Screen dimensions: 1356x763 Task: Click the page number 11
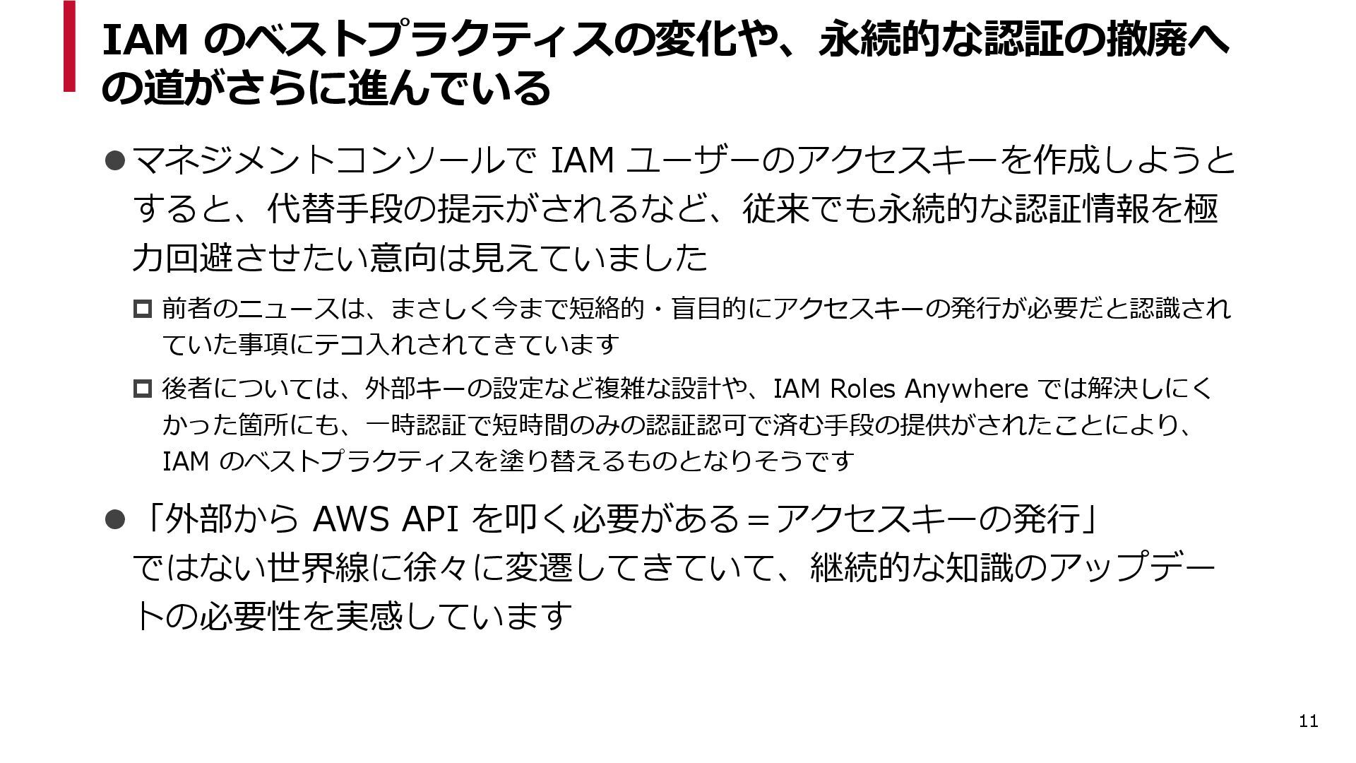point(1308,721)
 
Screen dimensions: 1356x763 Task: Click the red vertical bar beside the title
point(69,46)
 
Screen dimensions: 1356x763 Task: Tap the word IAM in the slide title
point(145,40)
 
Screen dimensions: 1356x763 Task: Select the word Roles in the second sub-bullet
point(862,389)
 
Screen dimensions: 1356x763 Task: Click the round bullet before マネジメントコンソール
point(114,161)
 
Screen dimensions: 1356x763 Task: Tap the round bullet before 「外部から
point(114,520)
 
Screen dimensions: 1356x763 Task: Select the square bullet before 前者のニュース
point(142,309)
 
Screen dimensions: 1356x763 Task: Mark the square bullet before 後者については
point(142,389)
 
